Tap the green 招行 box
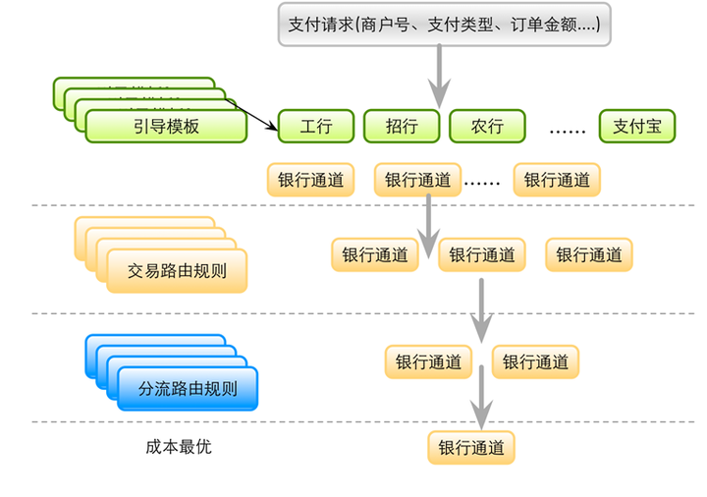(401, 126)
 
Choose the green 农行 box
(487, 126)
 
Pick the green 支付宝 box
(637, 126)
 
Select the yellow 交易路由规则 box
(178, 271)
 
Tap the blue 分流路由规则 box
(189, 387)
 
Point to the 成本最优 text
(178, 447)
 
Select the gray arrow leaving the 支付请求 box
(438, 77)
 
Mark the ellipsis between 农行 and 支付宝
(568, 128)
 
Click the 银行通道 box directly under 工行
(310, 180)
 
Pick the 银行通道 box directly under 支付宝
(557, 180)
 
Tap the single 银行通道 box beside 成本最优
(471, 448)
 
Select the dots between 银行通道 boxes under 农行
(482, 182)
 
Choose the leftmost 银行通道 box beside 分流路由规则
(428, 361)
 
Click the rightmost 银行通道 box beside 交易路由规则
(589, 254)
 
